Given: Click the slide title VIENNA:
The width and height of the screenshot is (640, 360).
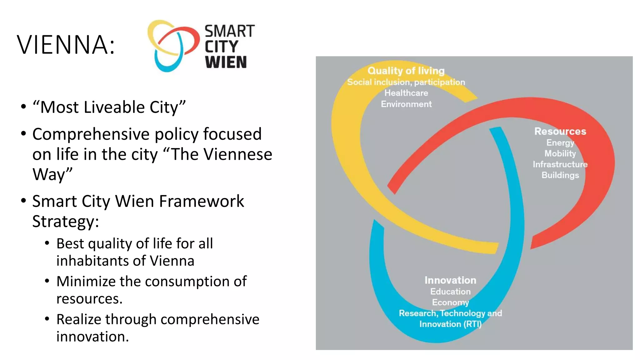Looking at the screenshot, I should click(x=66, y=45).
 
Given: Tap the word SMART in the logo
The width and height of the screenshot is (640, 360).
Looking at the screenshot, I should click(x=230, y=31).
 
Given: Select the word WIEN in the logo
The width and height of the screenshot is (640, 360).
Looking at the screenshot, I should click(x=226, y=62).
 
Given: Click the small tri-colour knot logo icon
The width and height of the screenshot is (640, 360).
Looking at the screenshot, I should click(x=173, y=46).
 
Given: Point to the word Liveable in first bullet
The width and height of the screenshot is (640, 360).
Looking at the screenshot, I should click(x=114, y=107).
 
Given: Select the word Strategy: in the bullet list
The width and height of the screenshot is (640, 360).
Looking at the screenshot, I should click(x=66, y=221).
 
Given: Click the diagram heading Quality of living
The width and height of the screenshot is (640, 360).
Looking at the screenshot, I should click(x=406, y=71).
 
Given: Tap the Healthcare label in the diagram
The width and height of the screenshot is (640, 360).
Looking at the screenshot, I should click(x=406, y=93).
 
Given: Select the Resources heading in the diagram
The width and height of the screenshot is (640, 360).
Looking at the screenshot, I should click(x=560, y=131).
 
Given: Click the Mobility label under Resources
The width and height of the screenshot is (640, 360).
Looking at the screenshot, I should click(x=560, y=153).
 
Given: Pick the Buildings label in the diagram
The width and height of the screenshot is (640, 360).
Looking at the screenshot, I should click(x=560, y=175).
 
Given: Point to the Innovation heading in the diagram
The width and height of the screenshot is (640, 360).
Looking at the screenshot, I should click(x=450, y=280).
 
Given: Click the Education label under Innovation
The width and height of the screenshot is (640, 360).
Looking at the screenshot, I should click(x=450, y=291).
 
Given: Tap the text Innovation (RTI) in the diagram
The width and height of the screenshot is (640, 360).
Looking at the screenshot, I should click(x=450, y=324).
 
